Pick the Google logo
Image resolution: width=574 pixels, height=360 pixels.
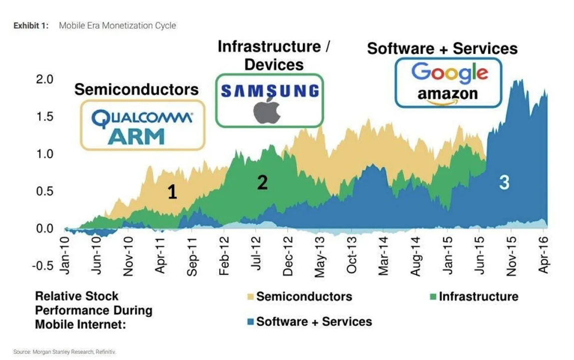[x=449, y=73]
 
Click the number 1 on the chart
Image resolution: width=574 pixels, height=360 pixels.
[x=172, y=192]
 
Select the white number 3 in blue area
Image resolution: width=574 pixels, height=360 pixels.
[x=504, y=183]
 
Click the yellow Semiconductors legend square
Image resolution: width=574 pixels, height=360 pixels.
[x=251, y=297]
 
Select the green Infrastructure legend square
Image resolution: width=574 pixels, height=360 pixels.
[x=434, y=297]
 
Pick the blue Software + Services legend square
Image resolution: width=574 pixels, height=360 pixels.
[x=251, y=321]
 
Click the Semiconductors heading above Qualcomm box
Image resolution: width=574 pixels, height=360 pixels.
[x=136, y=89]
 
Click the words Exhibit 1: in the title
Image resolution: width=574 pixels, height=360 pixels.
[x=31, y=25]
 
